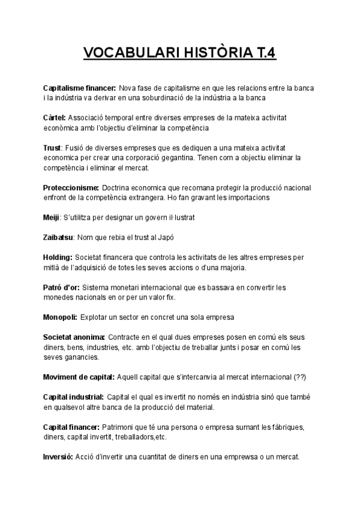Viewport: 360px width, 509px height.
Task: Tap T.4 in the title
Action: click(262, 54)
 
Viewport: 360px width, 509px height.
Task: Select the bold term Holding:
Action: click(58, 258)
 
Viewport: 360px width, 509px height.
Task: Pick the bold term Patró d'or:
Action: click(61, 288)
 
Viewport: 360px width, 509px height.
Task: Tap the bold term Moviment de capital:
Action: click(79, 377)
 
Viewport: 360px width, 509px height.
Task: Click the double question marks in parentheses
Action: click(300, 377)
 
